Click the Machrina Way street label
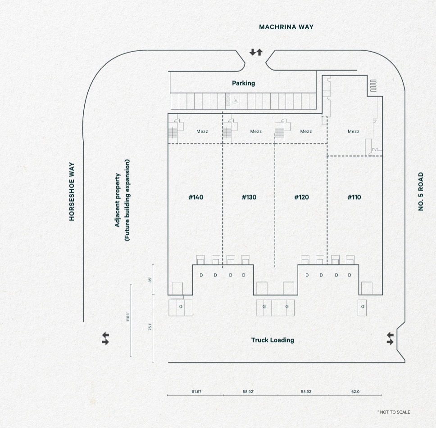tap(286, 27)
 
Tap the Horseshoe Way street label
tap(72, 192)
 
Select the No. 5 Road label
tap(421, 192)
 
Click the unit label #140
tap(196, 197)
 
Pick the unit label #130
tap(249, 197)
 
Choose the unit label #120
tap(301, 197)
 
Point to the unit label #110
tap(354, 197)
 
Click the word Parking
tap(243, 83)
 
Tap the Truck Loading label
tap(272, 340)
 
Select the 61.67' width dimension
tap(197, 392)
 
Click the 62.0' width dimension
tap(356, 392)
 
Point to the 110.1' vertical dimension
tap(128, 317)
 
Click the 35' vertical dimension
tap(150, 280)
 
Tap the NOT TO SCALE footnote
tap(394, 412)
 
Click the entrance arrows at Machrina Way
tap(256, 53)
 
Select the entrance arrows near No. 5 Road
tap(390, 339)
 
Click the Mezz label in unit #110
tap(354, 132)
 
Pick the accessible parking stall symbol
tap(235, 101)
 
